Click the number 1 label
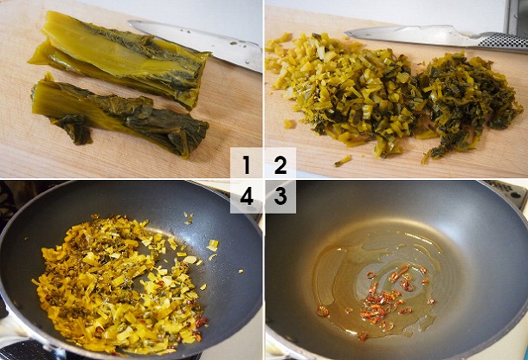[x=247, y=164]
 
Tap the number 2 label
[x=280, y=164]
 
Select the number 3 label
[x=280, y=196]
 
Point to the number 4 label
[x=247, y=196]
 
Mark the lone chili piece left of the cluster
[x=322, y=310]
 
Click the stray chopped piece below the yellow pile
[x=344, y=160]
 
